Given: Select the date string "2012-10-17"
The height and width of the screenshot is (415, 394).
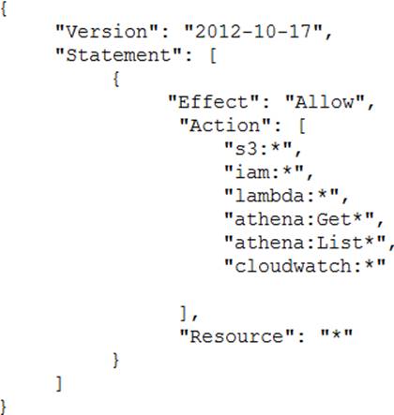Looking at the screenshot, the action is pos(253,32).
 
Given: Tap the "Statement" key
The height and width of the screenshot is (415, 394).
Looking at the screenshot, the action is pos(118,55).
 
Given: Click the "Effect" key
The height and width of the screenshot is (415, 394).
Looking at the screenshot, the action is pos(214,102).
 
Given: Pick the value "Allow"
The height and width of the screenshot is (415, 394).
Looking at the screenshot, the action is pos(326,102).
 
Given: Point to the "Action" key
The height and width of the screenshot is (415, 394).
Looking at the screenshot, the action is pos(225,126).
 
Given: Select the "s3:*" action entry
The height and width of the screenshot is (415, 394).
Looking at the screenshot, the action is pos(258,149).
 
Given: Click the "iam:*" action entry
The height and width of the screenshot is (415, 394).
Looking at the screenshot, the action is pos(265,172).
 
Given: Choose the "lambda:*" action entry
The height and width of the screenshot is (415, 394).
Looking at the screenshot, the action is pos(281,196).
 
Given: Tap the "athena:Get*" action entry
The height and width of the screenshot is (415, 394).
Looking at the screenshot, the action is pos(299,219).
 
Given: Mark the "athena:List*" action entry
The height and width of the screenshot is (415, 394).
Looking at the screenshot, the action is pos(305,243).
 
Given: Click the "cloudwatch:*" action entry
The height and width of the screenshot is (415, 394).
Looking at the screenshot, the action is pos(305,266).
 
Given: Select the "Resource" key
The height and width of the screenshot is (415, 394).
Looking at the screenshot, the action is pos(236,336).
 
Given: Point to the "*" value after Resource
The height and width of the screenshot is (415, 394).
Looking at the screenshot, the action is pos(337,335).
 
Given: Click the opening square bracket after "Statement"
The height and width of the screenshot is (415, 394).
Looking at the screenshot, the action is pos(213,55).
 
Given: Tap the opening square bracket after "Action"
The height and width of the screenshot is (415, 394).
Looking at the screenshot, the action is pos(302,126).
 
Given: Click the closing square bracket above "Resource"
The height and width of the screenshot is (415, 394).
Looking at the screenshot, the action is pos(184,313).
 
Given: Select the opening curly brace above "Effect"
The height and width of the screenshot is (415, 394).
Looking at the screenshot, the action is pos(116,79).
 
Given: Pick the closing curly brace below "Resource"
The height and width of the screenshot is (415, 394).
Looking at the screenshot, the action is pos(115,360).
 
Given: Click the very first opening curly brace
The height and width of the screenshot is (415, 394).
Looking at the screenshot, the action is pos(4,8).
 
